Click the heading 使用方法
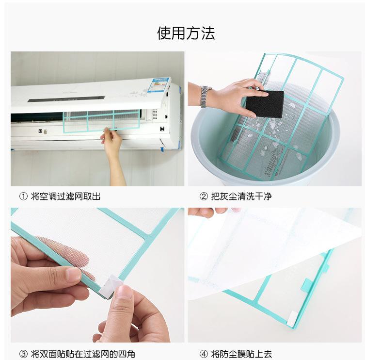tap(186, 33)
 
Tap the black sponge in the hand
tap(265, 104)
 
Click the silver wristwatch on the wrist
tap(205, 97)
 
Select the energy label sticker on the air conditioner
tap(159, 85)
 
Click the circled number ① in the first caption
tap(23, 196)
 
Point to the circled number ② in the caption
tap(204, 196)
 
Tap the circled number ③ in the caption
tap(23, 354)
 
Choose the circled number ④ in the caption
tap(204, 354)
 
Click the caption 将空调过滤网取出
tap(65, 196)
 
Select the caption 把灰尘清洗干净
tap(241, 196)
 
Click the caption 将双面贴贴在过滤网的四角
tap(83, 354)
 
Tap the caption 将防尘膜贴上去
tap(241, 354)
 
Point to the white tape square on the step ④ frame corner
tap(291, 319)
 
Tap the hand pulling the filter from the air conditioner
tap(112, 139)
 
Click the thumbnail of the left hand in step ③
tap(74, 274)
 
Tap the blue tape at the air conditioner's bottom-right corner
tap(163, 148)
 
